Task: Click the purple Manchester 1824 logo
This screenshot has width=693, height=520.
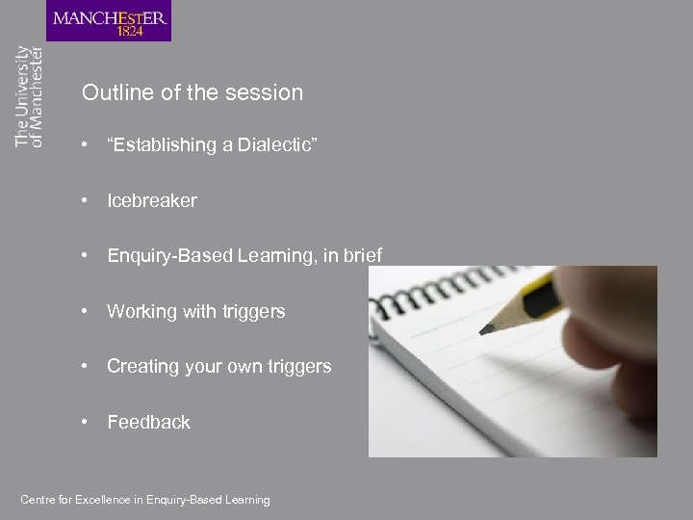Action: [109, 21]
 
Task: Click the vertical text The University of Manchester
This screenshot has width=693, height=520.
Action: [29, 96]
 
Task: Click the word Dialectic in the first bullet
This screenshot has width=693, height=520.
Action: [277, 145]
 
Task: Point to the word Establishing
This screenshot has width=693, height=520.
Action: [161, 145]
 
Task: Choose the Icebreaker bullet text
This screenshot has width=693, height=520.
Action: [151, 200]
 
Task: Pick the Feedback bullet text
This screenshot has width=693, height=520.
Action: [148, 422]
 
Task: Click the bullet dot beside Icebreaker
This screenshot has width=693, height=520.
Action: [88, 200]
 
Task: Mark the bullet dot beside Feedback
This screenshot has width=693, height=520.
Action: [88, 422]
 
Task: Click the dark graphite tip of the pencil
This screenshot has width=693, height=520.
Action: [487, 329]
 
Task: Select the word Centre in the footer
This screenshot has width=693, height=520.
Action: [38, 500]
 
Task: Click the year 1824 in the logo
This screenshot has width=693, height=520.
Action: [131, 31]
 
